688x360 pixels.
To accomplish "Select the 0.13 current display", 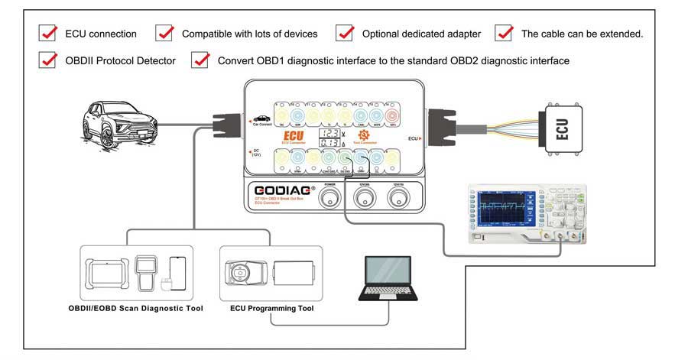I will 330,143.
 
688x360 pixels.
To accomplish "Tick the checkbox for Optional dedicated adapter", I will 345,33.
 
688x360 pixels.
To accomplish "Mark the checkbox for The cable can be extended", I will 504,33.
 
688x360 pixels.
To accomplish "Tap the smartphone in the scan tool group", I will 177,271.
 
